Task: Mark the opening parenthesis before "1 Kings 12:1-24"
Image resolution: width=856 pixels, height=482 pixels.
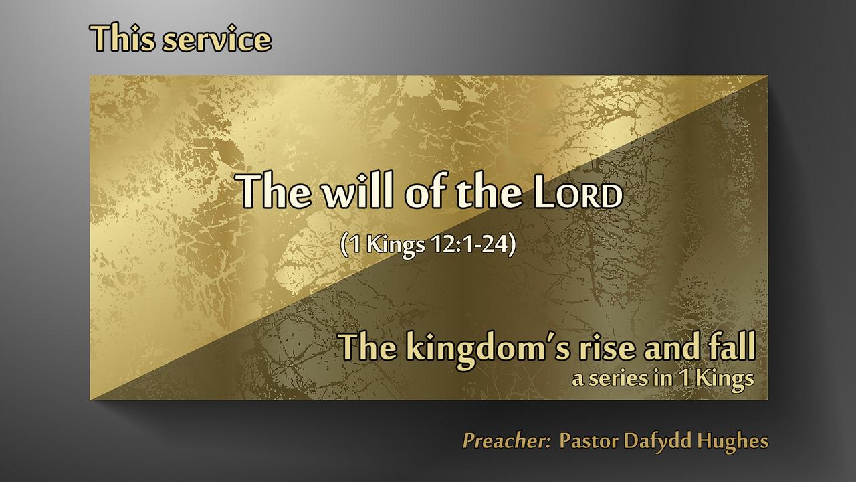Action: (344, 245)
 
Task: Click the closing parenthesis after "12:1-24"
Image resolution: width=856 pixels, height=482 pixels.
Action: (512, 245)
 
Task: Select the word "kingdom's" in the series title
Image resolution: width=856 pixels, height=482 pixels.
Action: (486, 348)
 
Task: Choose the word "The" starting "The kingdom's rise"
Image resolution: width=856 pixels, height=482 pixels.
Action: (368, 347)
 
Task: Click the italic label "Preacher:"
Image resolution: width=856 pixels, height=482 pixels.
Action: (506, 440)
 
